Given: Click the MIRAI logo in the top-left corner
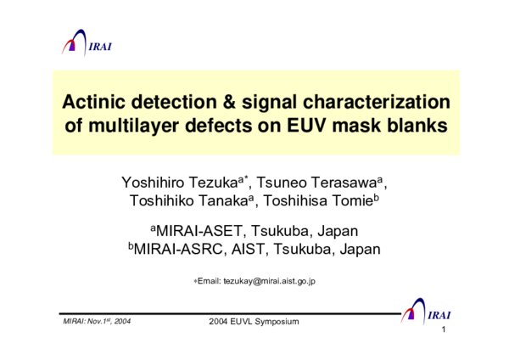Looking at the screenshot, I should [x=86, y=43].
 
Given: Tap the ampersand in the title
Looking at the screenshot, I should [x=232, y=103].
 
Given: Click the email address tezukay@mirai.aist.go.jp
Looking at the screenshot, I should [x=269, y=281].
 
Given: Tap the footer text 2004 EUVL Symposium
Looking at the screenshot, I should [x=254, y=322].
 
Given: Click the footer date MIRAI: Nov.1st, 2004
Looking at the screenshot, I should [x=97, y=321].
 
